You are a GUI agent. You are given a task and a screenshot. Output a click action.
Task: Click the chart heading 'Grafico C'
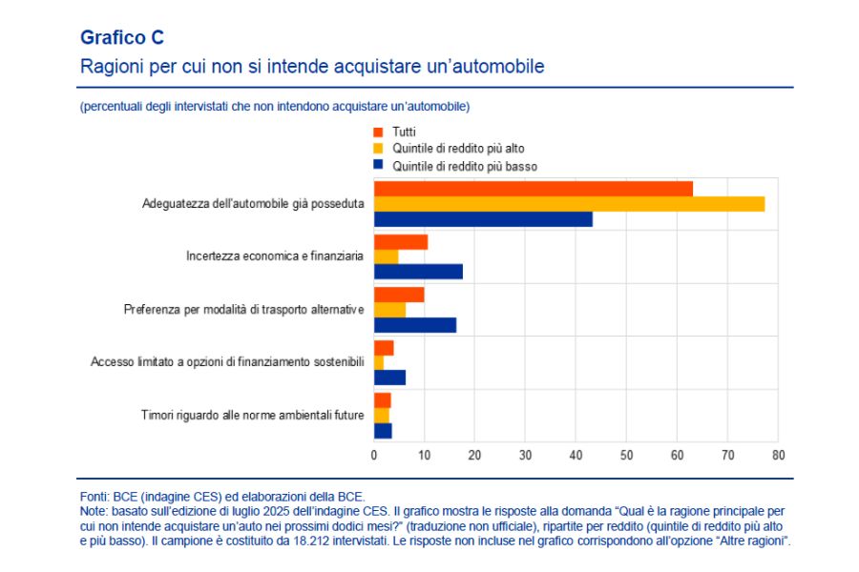[x=122, y=37]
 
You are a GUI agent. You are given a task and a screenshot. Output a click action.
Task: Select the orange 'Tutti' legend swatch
[x=379, y=132]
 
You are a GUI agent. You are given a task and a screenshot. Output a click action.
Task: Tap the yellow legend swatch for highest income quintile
[x=379, y=149]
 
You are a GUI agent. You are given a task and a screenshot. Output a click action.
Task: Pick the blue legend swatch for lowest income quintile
[x=379, y=166]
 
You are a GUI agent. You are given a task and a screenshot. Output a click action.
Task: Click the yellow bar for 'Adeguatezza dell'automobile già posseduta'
[x=569, y=204]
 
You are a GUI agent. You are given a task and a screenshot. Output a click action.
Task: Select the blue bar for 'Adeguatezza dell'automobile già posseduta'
[x=483, y=219]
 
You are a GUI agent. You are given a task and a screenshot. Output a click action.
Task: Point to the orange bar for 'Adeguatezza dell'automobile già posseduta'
[x=533, y=189]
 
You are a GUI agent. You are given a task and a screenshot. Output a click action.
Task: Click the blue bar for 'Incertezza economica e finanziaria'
[x=418, y=272]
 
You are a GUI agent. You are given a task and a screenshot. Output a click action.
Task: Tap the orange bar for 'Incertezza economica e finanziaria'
[x=400, y=242]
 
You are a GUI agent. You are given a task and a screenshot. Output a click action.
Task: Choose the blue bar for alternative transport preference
[x=414, y=325]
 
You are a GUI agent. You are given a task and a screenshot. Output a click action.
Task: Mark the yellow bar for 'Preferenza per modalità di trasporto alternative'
[x=389, y=310]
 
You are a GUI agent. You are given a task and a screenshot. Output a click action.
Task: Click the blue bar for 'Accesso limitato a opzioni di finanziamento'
[x=389, y=378]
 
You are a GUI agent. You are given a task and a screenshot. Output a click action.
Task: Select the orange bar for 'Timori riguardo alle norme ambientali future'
[x=382, y=400]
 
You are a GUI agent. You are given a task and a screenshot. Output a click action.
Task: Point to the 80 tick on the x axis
[x=778, y=456]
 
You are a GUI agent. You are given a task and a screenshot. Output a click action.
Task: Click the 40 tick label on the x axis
[x=576, y=456]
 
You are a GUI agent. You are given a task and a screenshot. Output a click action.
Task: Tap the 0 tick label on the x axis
[x=374, y=456]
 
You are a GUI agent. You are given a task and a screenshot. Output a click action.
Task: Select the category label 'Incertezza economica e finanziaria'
[x=274, y=257]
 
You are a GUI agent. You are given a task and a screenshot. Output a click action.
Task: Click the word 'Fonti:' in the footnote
[x=94, y=497]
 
